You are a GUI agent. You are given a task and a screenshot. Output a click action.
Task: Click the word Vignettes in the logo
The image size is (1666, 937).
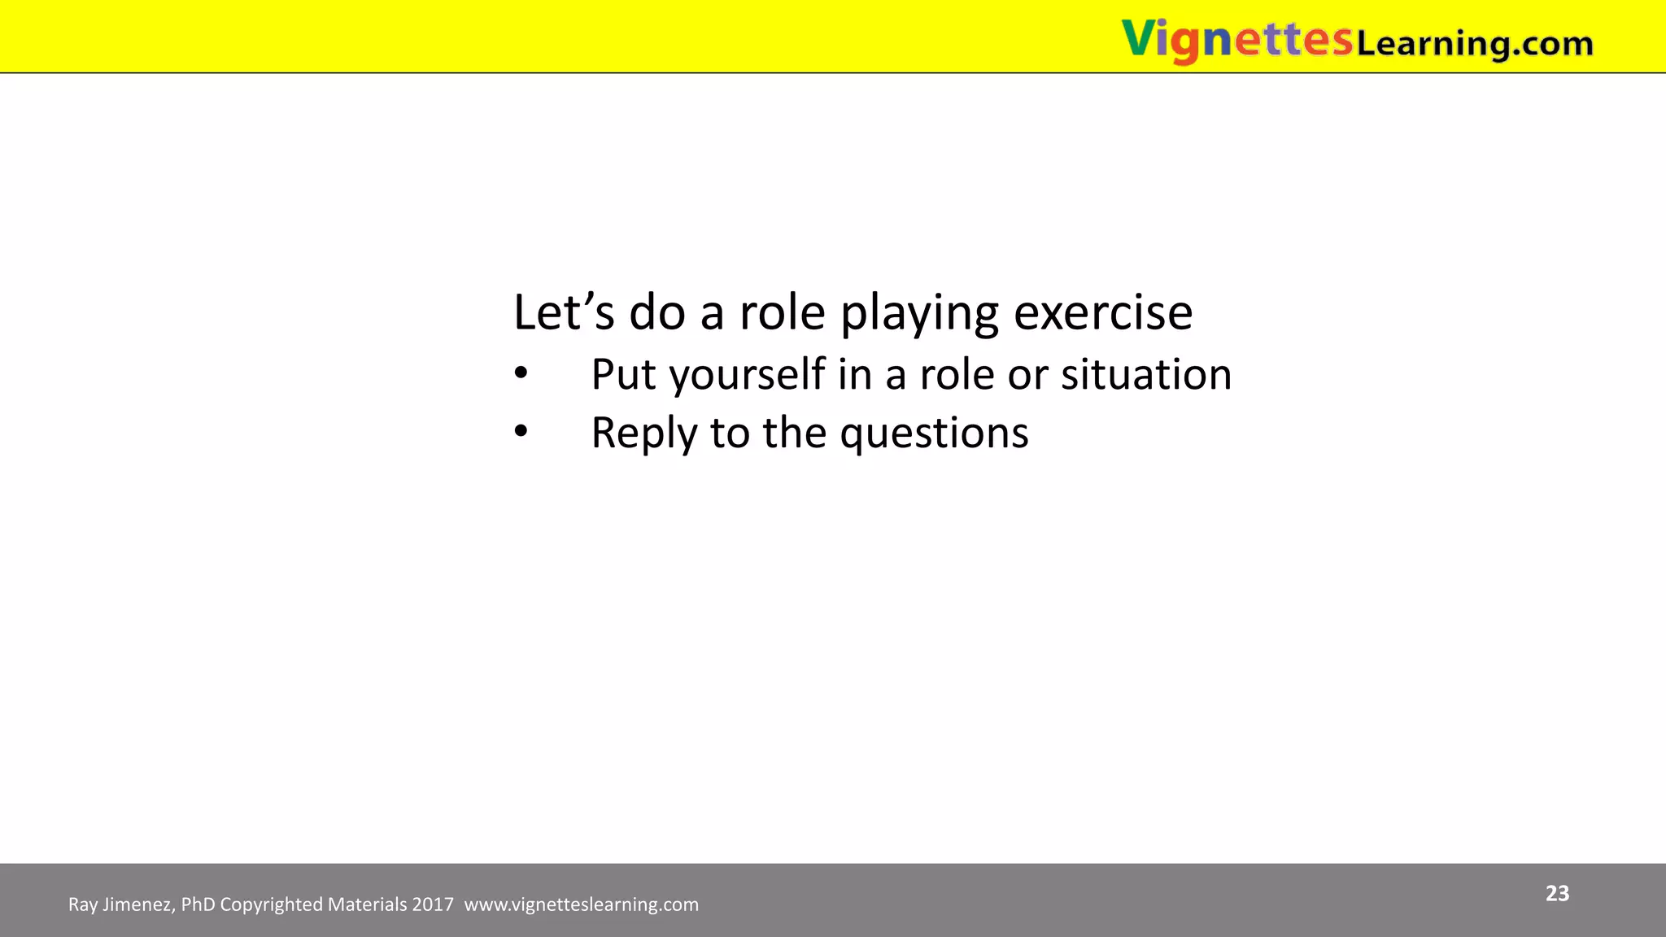tap(1236, 39)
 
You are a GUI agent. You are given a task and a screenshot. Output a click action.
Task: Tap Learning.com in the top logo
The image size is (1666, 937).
tap(1474, 42)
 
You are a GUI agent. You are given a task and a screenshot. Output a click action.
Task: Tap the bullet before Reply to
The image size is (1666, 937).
tap(521, 433)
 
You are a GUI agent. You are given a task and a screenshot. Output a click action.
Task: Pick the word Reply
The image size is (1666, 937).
tap(643, 434)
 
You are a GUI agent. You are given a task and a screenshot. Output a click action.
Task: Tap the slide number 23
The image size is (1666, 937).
tap(1557, 893)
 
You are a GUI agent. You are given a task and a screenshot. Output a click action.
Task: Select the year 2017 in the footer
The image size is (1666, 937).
tap(433, 904)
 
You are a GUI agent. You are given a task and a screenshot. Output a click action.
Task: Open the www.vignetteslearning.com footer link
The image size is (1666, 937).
tap(581, 904)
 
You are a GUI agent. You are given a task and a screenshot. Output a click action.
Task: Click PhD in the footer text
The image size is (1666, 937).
tap(198, 904)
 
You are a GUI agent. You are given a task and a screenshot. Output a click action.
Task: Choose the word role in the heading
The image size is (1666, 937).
tap(782, 312)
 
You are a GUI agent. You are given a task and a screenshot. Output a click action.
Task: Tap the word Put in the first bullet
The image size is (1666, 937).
tap(623, 375)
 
